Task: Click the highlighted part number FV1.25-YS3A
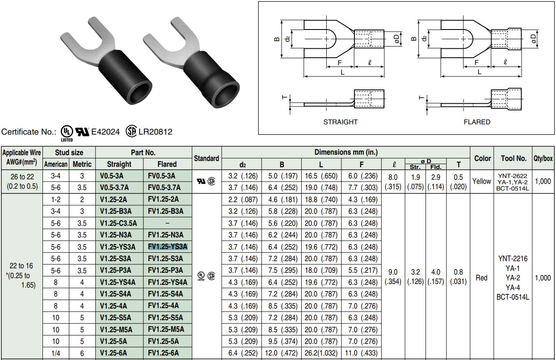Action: [x=167, y=246]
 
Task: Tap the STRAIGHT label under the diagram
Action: [x=341, y=122]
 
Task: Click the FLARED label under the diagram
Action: [x=477, y=122]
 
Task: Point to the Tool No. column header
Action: [x=514, y=158]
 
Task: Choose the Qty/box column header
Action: [x=543, y=158]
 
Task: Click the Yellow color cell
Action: [x=482, y=181]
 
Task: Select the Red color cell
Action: [x=482, y=278]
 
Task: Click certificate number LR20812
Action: [x=155, y=131]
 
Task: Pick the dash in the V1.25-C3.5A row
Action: [x=167, y=223]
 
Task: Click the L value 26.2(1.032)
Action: [x=320, y=353]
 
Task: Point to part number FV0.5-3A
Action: [x=161, y=176]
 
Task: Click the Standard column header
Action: [x=206, y=158]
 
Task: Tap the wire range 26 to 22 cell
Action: [x=22, y=181]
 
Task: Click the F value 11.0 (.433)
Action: [x=362, y=353]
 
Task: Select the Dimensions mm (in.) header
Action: [x=346, y=152]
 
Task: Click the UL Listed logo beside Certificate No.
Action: [x=66, y=131]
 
